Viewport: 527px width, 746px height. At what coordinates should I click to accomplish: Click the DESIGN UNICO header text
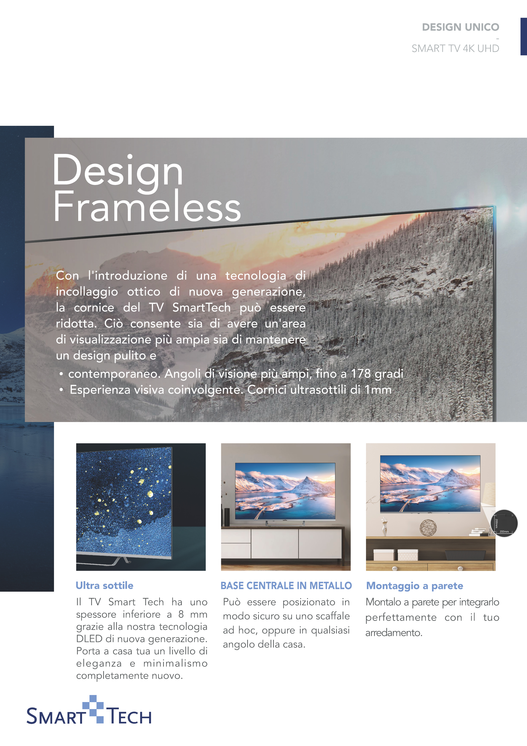pyautogui.click(x=460, y=27)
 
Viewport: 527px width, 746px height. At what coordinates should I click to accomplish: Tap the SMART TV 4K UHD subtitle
pyautogui.click(x=455, y=48)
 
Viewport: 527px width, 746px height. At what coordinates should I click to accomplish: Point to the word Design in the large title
pyautogui.click(x=117, y=171)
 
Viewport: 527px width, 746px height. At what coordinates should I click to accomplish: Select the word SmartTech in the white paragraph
pyautogui.click(x=201, y=307)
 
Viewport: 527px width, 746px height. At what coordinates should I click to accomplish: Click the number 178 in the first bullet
pyautogui.click(x=361, y=374)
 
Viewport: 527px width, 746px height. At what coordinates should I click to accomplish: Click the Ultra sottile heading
pyautogui.click(x=104, y=585)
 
